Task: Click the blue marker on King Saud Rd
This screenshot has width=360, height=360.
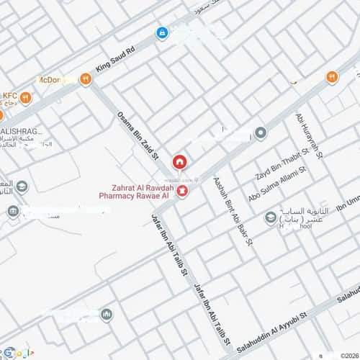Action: point(162,32)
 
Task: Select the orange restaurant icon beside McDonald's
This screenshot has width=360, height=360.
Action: point(86,79)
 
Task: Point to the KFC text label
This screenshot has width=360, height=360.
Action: point(9,95)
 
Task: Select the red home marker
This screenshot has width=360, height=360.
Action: point(179,161)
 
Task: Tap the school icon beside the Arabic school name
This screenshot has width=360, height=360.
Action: point(271,217)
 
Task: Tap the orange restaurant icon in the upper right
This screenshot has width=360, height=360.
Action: point(332,77)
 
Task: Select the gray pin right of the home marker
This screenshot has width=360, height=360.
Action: point(261,133)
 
